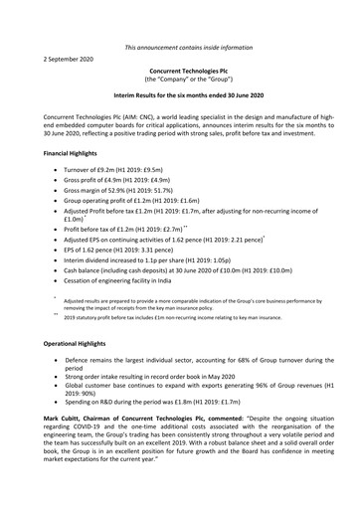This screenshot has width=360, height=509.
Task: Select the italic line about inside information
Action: (187, 47)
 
